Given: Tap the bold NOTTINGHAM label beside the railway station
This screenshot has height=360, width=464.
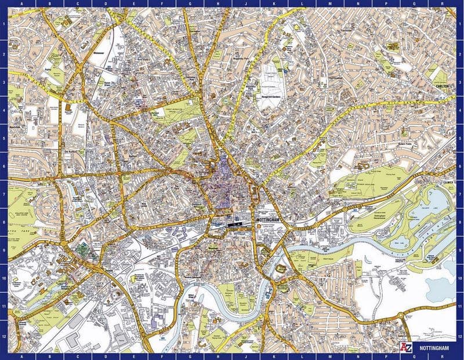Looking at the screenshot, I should coord(271,222).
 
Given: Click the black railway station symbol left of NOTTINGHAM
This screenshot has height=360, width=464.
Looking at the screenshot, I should coord(235,223).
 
